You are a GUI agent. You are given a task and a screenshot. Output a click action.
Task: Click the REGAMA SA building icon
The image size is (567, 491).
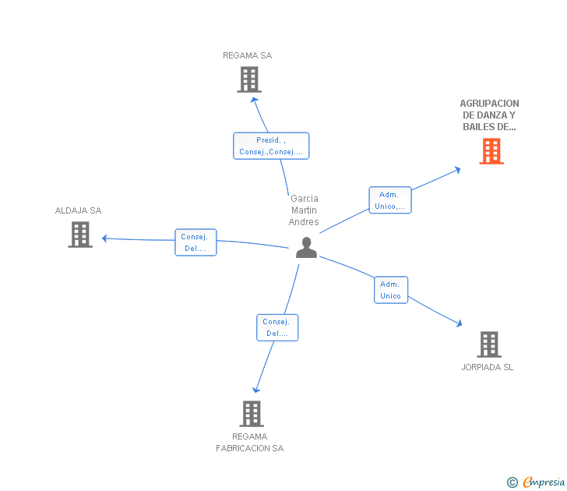[249, 79]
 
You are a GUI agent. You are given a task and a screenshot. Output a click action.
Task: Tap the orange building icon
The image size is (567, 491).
[491, 151]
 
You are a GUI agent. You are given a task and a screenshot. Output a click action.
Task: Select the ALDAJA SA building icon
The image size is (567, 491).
[80, 235]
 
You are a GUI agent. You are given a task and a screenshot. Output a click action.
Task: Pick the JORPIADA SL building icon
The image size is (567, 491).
[489, 344]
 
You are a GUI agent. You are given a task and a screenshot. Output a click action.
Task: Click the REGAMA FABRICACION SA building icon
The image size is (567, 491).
[252, 414]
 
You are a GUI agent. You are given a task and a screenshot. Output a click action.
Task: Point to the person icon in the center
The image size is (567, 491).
[306, 248]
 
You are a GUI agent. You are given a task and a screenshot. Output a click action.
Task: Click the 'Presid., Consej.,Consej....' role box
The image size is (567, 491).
[271, 146]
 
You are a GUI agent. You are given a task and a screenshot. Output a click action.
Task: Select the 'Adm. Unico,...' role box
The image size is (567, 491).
[390, 200]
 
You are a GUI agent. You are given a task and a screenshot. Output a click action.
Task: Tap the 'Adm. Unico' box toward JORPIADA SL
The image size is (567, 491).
[391, 290]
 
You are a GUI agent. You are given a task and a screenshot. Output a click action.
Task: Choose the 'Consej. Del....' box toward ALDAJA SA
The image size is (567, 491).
[195, 242]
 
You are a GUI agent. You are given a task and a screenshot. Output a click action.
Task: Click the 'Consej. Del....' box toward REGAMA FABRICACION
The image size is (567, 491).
[277, 327]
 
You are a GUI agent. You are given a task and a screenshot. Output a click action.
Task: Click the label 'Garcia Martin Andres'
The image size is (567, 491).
[304, 210]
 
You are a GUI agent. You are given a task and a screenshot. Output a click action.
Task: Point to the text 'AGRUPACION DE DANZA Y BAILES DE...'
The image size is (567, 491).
[489, 115]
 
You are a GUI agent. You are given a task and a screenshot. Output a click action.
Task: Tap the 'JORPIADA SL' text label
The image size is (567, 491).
[488, 367]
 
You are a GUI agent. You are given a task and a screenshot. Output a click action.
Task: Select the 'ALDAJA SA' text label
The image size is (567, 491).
[78, 210]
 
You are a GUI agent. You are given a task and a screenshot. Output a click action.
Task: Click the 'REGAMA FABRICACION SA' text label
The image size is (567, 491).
[250, 442]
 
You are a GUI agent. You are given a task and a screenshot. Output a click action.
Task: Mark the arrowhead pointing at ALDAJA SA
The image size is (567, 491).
[104, 238]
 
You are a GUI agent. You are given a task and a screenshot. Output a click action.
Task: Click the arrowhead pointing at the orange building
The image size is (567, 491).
[458, 170]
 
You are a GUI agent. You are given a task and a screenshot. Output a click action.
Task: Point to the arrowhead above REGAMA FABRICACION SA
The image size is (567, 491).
[256, 390]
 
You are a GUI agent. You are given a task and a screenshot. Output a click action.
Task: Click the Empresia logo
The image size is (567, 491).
[535, 482]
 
